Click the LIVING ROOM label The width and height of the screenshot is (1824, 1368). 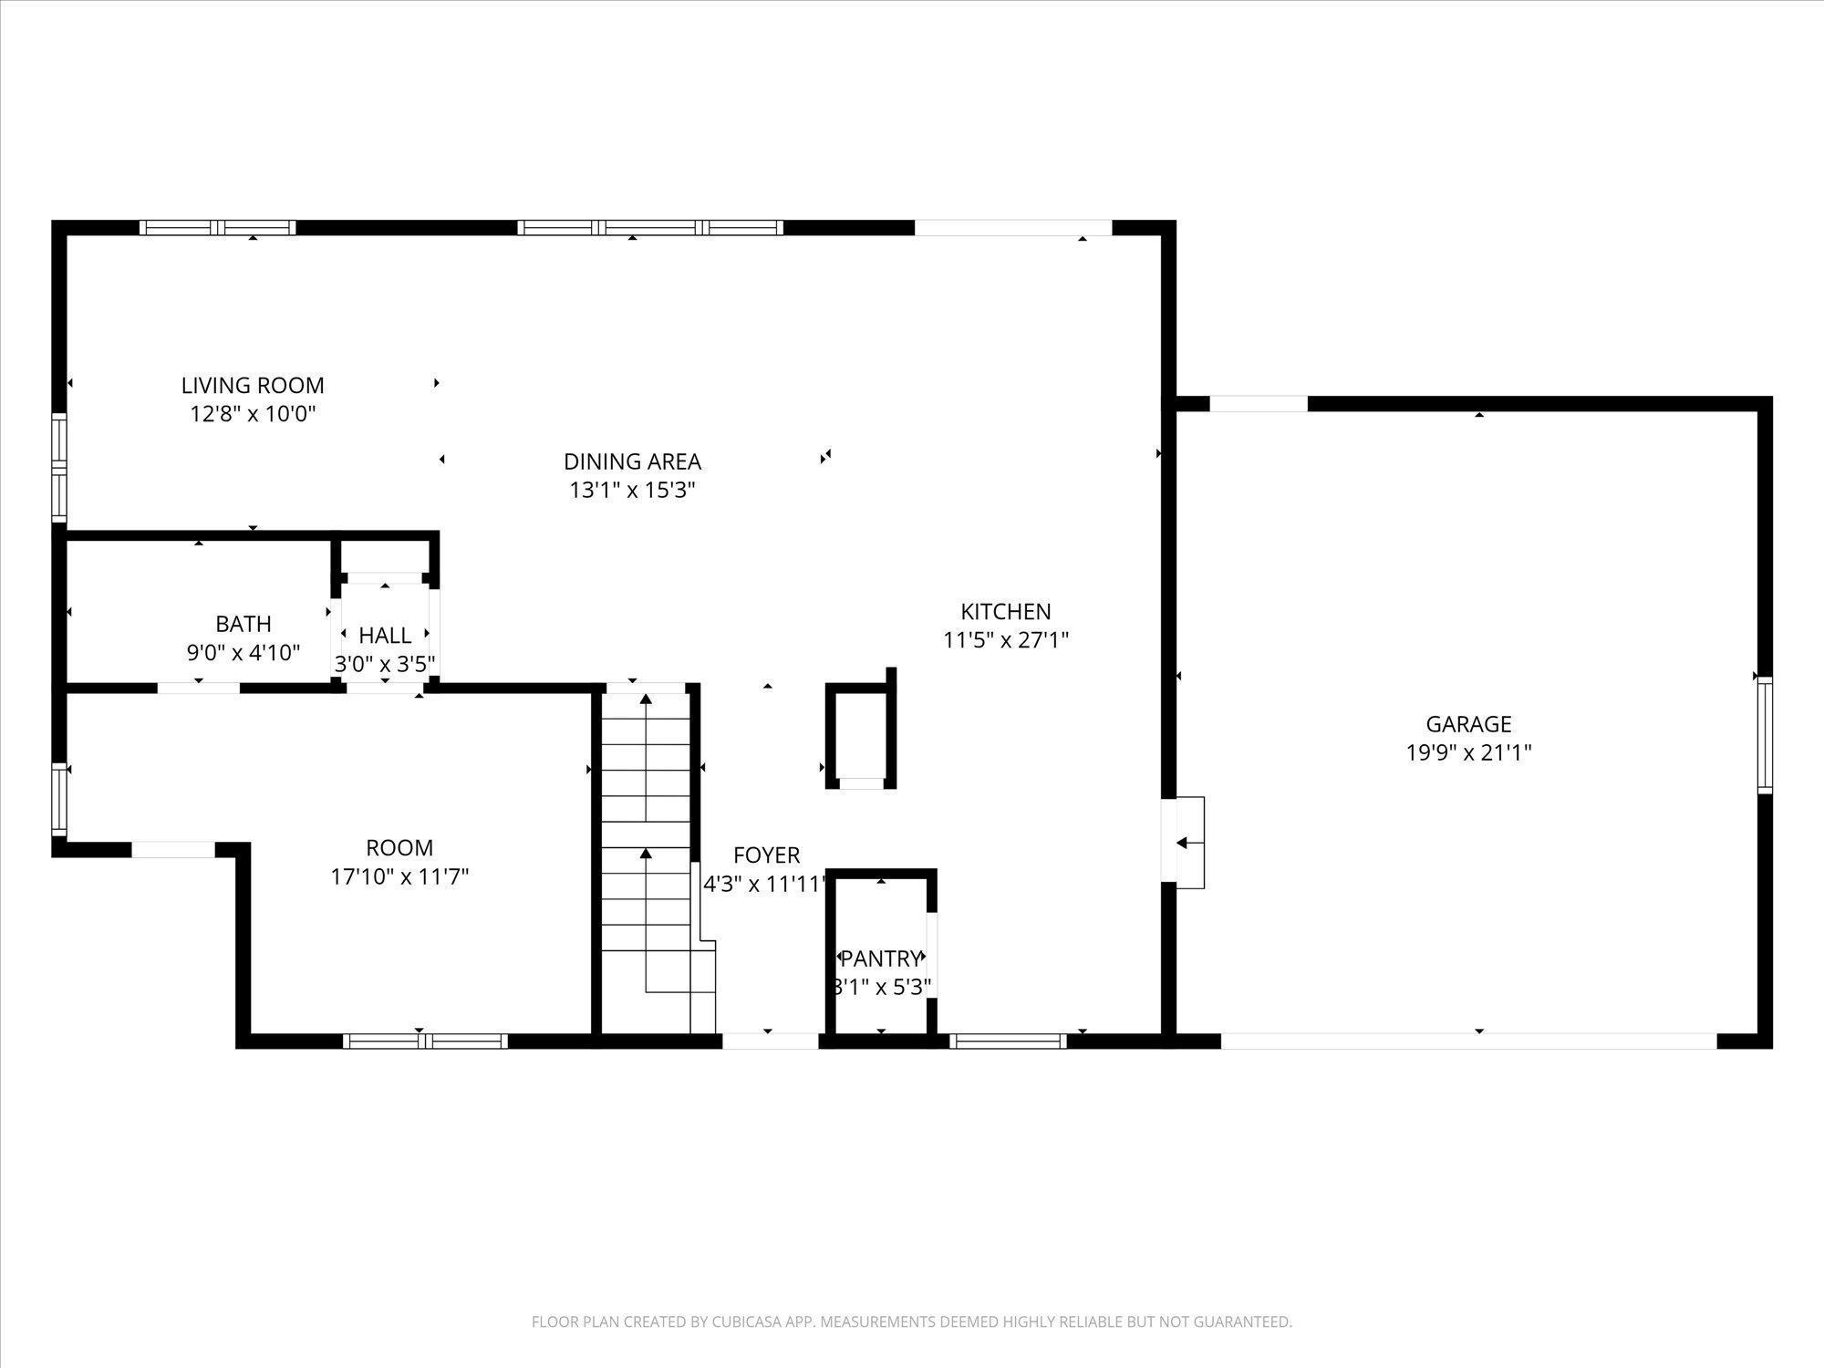pos(253,385)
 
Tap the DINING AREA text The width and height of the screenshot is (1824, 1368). pos(632,461)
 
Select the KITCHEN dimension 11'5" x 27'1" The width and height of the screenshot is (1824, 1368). pos(1005,640)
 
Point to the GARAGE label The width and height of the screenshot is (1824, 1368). pos(1468,724)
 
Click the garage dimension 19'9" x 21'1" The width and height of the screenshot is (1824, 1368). pos(1468,753)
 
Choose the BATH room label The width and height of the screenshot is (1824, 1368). pos(244,624)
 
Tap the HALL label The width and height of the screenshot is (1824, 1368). pos(385,635)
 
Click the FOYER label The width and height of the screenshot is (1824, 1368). pos(766,855)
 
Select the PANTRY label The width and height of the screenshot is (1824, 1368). pos(881,959)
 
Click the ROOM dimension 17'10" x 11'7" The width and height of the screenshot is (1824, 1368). pos(399,877)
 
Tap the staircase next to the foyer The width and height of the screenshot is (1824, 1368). pos(647,857)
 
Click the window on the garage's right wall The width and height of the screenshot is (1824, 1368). pos(1765,735)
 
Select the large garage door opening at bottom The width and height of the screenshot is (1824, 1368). pos(1468,1041)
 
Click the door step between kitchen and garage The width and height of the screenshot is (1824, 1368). pos(1189,843)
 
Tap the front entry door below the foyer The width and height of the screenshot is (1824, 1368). pos(770,1041)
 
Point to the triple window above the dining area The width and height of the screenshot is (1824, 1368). pos(649,227)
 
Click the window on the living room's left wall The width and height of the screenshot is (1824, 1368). pos(59,467)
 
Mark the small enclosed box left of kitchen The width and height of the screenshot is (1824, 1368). pos(861,735)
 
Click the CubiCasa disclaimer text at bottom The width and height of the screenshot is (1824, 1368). pos(911,1321)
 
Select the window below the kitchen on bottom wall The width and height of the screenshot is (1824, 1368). pos(1008,1041)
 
